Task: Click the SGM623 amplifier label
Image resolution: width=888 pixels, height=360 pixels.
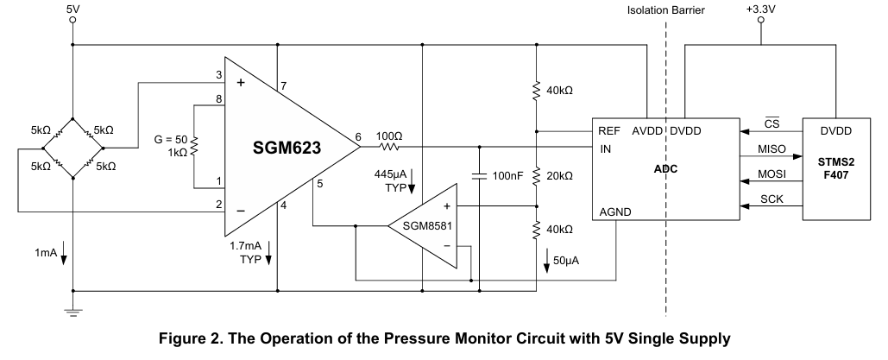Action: pyautogui.click(x=287, y=148)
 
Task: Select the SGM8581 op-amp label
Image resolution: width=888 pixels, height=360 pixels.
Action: pyautogui.click(x=427, y=225)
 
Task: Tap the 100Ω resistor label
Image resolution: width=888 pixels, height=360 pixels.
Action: pyautogui.click(x=389, y=136)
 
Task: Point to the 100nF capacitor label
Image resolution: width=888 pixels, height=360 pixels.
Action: pyautogui.click(x=508, y=176)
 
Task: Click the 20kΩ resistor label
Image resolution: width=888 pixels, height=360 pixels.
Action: pyautogui.click(x=559, y=176)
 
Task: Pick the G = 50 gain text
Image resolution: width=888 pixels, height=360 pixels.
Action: pyautogui.click(x=171, y=140)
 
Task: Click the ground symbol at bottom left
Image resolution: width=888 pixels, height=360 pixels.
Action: pyautogui.click(x=73, y=312)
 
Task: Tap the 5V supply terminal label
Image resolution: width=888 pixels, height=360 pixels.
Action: pyautogui.click(x=73, y=9)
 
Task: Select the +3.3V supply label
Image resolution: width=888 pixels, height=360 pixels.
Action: pyautogui.click(x=760, y=9)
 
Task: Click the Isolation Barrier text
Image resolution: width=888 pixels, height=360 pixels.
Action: pyautogui.click(x=666, y=10)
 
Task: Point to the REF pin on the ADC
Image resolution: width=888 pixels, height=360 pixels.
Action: pyautogui.click(x=609, y=131)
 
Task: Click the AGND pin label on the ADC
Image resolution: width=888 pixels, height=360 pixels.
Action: pyautogui.click(x=615, y=212)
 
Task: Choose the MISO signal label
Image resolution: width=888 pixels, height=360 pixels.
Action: pyautogui.click(x=771, y=149)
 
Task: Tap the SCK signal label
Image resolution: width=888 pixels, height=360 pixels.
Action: pyautogui.click(x=771, y=199)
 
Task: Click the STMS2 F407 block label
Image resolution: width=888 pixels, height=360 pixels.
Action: pyautogui.click(x=836, y=168)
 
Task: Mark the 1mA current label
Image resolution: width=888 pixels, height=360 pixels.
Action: pyautogui.click(x=46, y=252)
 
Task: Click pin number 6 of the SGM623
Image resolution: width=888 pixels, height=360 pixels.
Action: pyautogui.click(x=358, y=137)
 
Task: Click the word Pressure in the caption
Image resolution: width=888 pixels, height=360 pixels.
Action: pyautogui.click(x=418, y=339)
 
